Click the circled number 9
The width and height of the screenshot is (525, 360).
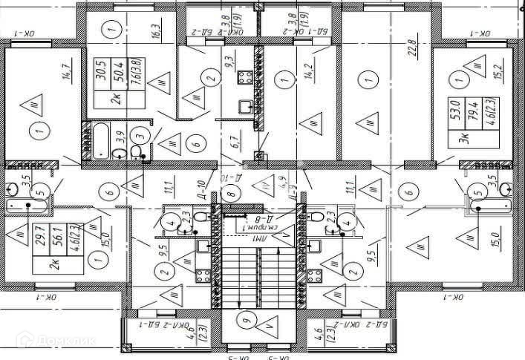tap(246, 321)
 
